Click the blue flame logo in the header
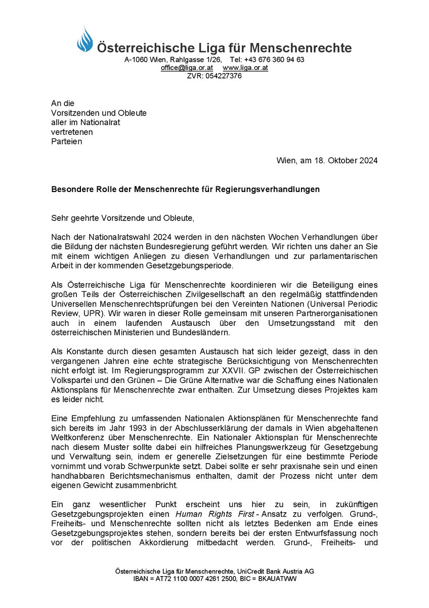click(85, 41)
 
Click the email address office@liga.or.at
click(187, 68)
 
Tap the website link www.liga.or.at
click(245, 68)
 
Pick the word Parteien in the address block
click(67, 141)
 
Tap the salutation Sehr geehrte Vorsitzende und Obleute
click(122, 218)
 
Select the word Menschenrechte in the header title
click(305, 48)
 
